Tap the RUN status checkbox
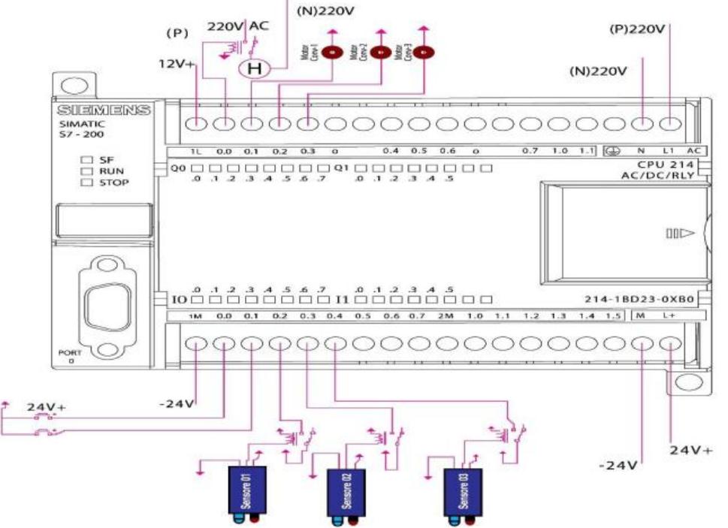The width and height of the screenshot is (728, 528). [86, 170]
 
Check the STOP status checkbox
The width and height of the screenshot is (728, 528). [86, 182]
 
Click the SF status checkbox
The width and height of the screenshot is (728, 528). [86, 159]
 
